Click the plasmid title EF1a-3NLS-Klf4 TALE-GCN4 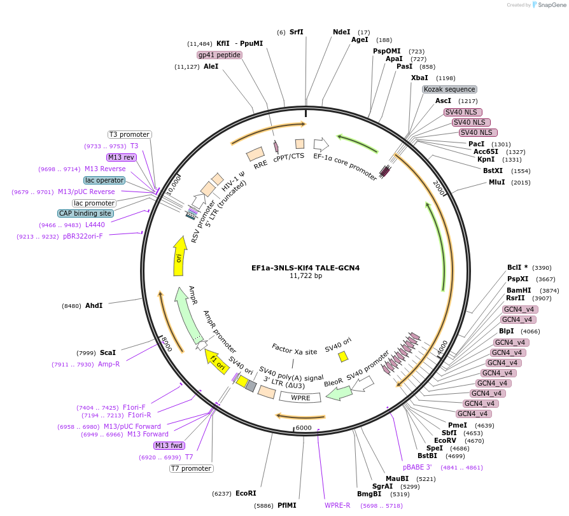pyautogui.click(x=306, y=268)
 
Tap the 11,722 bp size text pyautogui.click(x=306, y=276)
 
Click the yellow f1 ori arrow pyautogui.click(x=216, y=361)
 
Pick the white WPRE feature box pyautogui.click(x=300, y=397)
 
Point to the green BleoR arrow pyautogui.click(x=339, y=392)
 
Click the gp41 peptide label pyautogui.click(x=219, y=55)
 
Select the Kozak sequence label pyautogui.click(x=449, y=89)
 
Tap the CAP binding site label pyautogui.click(x=85, y=213)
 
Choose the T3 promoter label pyautogui.click(x=129, y=134)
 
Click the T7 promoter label pyautogui.click(x=191, y=469)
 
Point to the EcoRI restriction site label pyautogui.click(x=246, y=493)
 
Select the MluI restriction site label pyautogui.click(x=496, y=182)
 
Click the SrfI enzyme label pyautogui.click(x=297, y=32)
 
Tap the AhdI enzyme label pyautogui.click(x=94, y=305)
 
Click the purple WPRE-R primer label pyautogui.click(x=337, y=505)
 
